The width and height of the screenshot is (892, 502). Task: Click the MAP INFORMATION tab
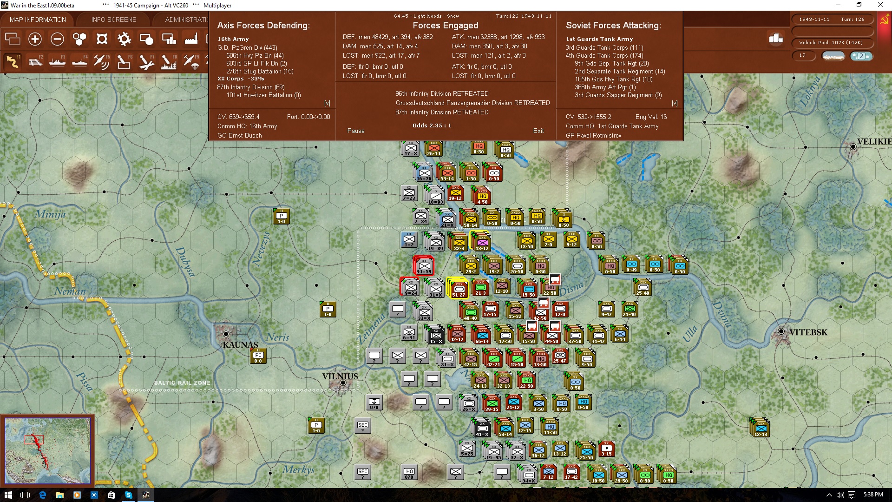coord(38,20)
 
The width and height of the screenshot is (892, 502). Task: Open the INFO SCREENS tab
coord(114,20)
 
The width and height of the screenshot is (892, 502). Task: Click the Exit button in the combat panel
coord(538,131)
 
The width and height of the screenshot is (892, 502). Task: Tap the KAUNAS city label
coord(240,345)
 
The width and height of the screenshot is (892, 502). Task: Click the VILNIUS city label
coord(340,376)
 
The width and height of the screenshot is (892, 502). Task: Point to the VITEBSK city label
coord(808,332)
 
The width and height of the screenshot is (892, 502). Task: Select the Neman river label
coord(70,291)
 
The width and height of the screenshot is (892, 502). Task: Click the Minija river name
coord(50,214)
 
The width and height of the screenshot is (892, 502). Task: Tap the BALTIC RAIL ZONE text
coord(182,383)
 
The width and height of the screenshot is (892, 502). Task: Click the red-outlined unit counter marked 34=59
coord(424,266)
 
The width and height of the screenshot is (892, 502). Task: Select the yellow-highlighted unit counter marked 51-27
coord(458,289)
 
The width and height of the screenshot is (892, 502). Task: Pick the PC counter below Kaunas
coord(258,357)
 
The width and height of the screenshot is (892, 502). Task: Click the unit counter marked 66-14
coord(482,335)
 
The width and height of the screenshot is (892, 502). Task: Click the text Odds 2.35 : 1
coord(432,125)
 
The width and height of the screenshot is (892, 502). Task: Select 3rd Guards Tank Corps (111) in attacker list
coord(604,47)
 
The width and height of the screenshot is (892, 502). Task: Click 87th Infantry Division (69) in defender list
coord(251,87)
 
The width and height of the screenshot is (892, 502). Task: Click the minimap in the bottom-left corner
coord(47,450)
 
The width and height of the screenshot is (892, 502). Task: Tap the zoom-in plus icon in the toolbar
coord(35,39)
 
